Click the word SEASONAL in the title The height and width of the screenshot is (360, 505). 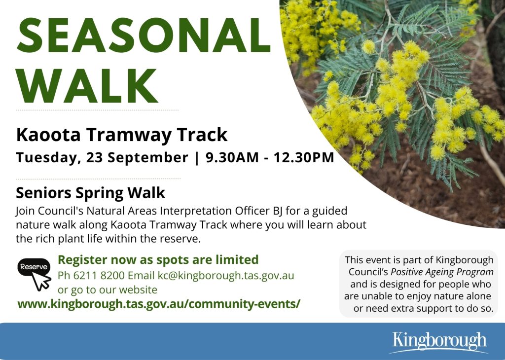pos(144,36)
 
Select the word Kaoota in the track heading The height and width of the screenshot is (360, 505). pos(48,135)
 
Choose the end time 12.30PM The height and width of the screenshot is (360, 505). pos(304,157)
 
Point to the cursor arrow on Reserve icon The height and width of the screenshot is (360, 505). pos(41,281)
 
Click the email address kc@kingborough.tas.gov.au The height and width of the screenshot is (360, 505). pos(225,276)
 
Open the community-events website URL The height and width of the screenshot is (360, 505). pos(159,304)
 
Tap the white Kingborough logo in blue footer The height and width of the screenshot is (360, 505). pos(439,342)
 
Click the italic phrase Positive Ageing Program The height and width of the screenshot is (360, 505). pos(442,272)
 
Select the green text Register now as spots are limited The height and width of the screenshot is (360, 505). pos(158,259)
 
